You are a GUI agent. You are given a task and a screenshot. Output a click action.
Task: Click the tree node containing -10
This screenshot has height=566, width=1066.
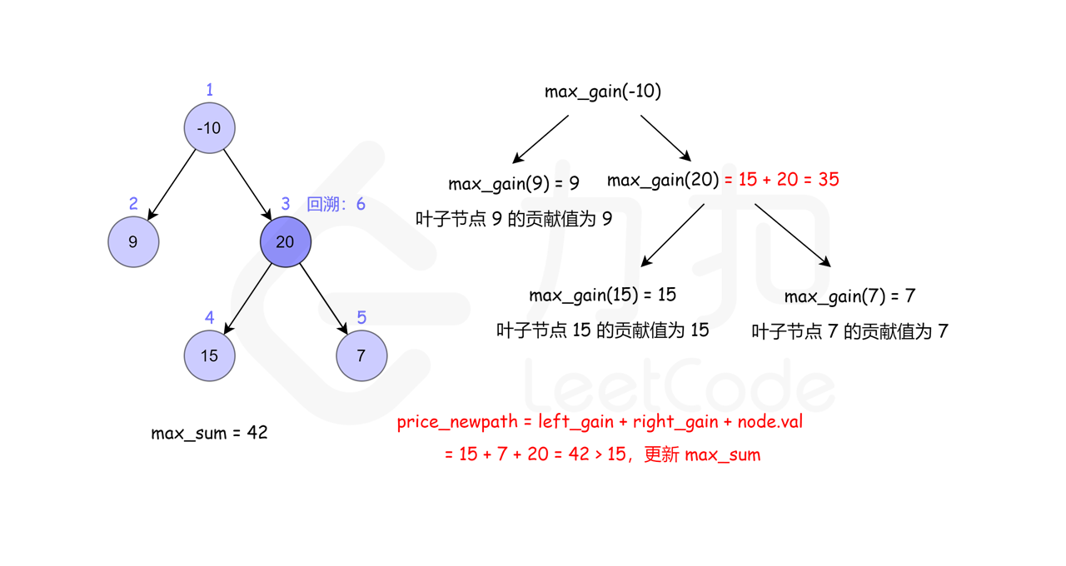pyautogui.click(x=209, y=128)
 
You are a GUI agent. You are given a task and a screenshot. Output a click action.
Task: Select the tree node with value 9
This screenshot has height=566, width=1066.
pyautogui.click(x=133, y=242)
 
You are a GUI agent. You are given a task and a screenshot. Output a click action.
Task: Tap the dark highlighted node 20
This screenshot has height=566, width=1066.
pyautogui.click(x=285, y=242)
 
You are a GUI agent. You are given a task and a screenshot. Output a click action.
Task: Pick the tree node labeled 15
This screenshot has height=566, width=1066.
pyautogui.click(x=209, y=356)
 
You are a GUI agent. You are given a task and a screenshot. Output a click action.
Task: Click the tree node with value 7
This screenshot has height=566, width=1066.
pyautogui.click(x=361, y=356)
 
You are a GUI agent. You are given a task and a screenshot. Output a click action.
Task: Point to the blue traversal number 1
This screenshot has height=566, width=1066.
pyautogui.click(x=210, y=90)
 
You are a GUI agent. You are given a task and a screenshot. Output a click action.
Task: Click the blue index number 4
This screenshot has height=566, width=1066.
pyautogui.click(x=210, y=318)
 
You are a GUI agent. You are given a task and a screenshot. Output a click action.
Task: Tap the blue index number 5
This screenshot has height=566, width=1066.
pyautogui.click(x=361, y=318)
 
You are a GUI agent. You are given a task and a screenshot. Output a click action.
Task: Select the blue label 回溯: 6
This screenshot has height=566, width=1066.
pyautogui.click(x=336, y=205)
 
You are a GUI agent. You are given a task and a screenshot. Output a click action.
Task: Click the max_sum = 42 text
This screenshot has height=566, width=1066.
pyautogui.click(x=209, y=433)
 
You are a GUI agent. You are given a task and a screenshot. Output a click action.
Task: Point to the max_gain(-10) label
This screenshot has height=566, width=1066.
pyautogui.click(x=603, y=92)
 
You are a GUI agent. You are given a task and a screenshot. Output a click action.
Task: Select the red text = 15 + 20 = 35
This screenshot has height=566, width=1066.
pyautogui.click(x=781, y=180)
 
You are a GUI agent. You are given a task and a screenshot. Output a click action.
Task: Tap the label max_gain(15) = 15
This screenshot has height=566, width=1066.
pyautogui.click(x=602, y=295)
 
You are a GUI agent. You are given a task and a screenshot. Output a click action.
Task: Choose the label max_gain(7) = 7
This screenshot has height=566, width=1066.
pyautogui.click(x=849, y=297)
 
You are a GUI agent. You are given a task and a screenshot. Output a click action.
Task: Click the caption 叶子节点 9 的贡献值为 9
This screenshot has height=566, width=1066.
pyautogui.click(x=514, y=219)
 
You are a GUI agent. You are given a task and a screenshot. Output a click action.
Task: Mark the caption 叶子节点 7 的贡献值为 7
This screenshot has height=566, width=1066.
pyautogui.click(x=849, y=332)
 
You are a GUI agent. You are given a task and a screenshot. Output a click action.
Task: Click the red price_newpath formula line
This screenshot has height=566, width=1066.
pyautogui.click(x=600, y=422)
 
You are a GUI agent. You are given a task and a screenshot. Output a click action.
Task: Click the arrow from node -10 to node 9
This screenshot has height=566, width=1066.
pyautogui.click(x=172, y=185)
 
